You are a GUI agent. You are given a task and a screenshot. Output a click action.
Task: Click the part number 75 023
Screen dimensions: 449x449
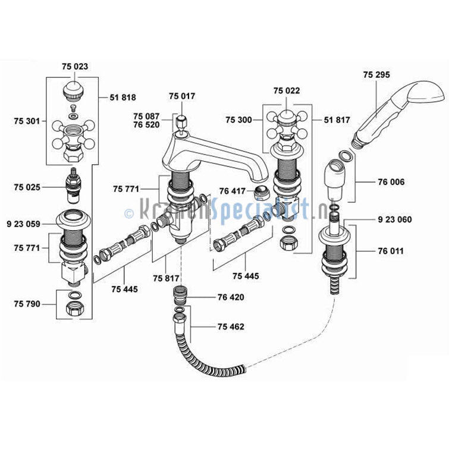(75, 67)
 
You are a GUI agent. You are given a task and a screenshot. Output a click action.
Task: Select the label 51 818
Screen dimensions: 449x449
(123, 98)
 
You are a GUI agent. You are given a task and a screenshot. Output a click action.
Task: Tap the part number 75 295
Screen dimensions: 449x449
(376, 75)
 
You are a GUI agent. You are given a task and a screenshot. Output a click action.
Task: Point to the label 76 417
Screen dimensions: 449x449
(233, 191)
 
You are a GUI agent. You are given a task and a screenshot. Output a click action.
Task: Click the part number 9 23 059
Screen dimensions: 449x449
(23, 224)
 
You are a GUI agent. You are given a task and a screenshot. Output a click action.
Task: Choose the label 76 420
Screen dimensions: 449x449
(231, 297)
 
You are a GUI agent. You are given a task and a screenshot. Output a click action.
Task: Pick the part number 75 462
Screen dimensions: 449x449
(231, 326)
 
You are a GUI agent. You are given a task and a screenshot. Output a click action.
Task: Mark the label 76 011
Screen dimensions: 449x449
(391, 251)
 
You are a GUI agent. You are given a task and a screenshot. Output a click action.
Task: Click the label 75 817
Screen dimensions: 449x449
(166, 278)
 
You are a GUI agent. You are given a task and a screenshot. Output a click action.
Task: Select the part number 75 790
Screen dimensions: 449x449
(27, 304)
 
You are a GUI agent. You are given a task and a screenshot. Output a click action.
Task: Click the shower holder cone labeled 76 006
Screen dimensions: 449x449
(335, 180)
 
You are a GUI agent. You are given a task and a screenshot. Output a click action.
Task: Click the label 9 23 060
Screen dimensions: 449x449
(395, 219)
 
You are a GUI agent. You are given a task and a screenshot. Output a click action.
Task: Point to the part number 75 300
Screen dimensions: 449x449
(239, 120)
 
